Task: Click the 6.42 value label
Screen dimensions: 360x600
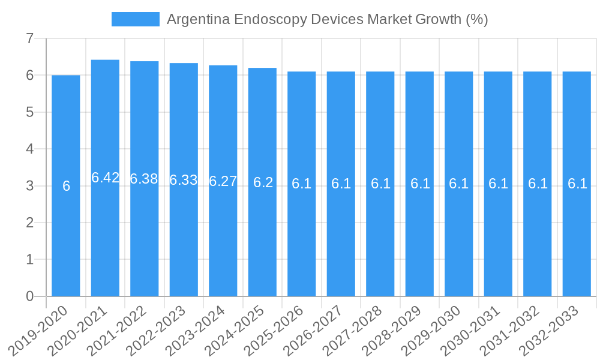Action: [x=106, y=178]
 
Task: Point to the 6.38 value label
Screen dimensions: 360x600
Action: [x=144, y=179]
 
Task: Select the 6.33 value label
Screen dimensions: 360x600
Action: [x=184, y=180]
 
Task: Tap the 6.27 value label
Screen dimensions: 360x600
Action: [x=223, y=181]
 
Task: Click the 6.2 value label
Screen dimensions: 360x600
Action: [x=263, y=182]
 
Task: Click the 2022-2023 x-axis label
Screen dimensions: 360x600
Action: [x=161, y=330]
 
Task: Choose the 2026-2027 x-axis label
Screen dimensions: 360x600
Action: [x=318, y=330]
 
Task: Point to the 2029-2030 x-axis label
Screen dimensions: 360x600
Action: [x=436, y=330]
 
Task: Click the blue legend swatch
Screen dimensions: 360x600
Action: [x=136, y=19]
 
